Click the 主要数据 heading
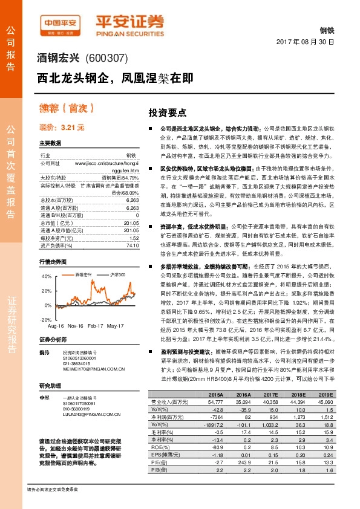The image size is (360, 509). coord(50,143)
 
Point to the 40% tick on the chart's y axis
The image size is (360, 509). coord(46,276)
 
